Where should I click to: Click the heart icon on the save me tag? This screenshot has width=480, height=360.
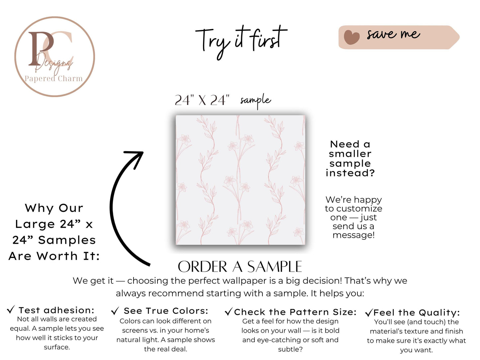tap(351, 37)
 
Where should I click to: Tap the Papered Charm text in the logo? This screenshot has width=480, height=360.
tap(53, 78)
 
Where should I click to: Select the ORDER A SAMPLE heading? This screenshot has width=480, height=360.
tap(240, 267)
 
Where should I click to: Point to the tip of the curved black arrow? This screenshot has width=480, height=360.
tap(143, 152)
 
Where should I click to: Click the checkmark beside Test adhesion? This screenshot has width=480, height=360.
tap(11, 310)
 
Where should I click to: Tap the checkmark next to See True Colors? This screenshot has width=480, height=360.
tap(115, 311)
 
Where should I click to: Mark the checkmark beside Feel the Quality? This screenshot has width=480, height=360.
tap(369, 313)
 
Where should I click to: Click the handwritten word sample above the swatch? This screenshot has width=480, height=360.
tap(255, 101)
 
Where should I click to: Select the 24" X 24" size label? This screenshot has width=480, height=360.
tap(202, 100)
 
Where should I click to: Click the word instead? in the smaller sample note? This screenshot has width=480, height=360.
tap(350, 173)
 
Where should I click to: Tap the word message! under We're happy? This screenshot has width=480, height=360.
tap(353, 235)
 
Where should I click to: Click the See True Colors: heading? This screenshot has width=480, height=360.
tap(166, 311)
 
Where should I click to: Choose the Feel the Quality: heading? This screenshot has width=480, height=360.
tap(417, 313)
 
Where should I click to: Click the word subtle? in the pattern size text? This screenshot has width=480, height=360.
tap(290, 349)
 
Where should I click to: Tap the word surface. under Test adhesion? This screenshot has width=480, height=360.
tap(57, 347)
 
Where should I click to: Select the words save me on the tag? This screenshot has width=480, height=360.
tap(394, 34)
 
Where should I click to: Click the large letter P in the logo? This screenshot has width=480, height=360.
tap(41, 48)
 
